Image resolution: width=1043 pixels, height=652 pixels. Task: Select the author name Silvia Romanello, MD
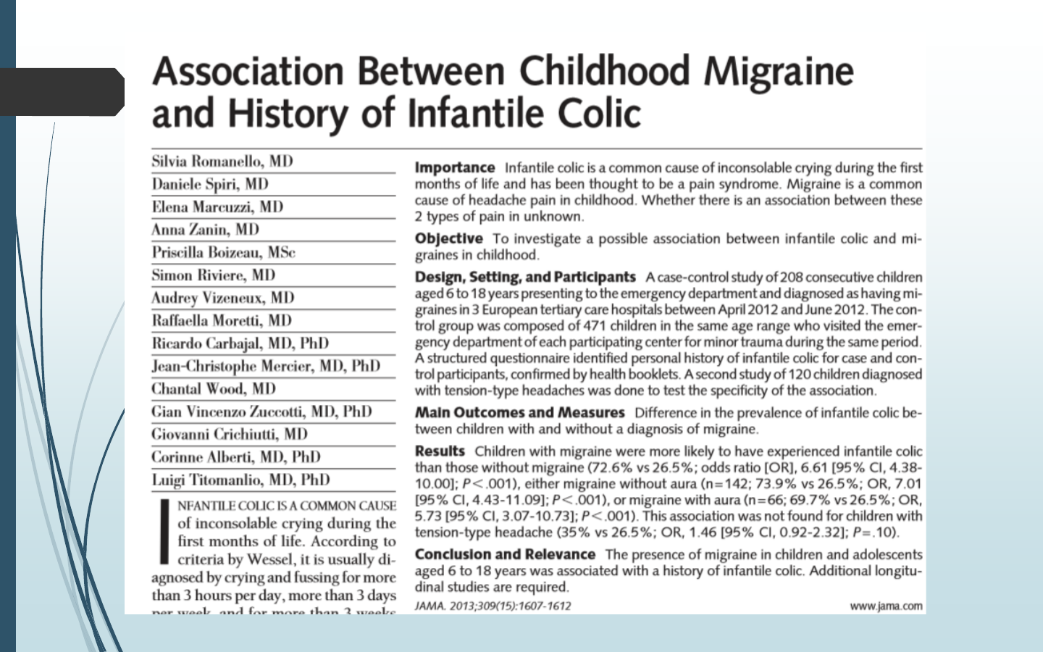pos(222,162)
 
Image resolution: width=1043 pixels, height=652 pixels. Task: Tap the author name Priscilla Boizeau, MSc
pos(223,252)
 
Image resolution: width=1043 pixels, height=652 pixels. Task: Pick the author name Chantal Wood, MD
pos(214,388)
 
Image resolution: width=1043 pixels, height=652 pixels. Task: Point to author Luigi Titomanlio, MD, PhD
pos(240,480)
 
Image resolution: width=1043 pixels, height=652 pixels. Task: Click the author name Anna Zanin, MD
pos(205,230)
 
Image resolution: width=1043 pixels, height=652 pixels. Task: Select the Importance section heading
pos(455,168)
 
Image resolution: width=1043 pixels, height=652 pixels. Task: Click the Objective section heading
pos(448,238)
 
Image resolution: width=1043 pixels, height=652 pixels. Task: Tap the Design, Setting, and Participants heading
pos(525,277)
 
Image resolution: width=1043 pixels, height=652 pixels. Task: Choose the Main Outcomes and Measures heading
pos(519,412)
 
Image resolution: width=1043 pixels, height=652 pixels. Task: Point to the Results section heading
pos(440,451)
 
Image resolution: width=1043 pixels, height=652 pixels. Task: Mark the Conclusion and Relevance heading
pos(505,554)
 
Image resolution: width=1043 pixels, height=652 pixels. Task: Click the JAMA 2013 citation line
pos(493,606)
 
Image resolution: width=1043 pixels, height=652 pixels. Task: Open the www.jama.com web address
pos(887,606)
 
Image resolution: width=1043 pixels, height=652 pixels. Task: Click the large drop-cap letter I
pos(164,530)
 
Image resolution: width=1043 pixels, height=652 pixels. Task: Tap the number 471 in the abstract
pos(595,326)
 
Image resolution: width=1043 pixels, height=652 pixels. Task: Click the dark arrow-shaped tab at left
pos(62,92)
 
